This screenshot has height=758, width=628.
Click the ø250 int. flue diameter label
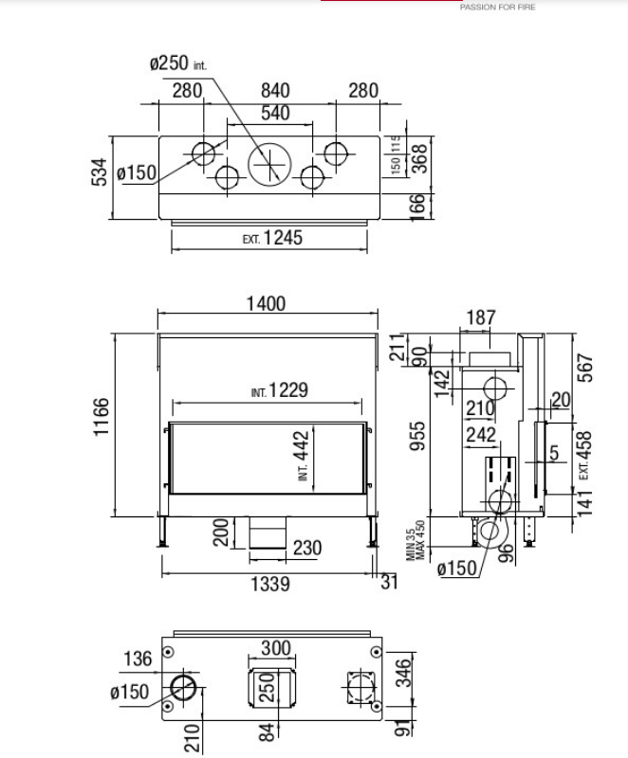[178, 63]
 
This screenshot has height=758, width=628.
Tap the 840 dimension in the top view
[275, 90]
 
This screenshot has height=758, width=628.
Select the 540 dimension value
[275, 113]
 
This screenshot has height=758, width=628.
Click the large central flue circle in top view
[270, 164]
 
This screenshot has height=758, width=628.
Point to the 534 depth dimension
[100, 171]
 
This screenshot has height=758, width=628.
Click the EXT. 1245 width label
[272, 238]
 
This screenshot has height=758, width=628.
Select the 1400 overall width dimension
[267, 303]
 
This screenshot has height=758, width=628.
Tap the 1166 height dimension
[102, 417]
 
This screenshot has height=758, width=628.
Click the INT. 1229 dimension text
[279, 390]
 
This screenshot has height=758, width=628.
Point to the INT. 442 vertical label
[303, 456]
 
